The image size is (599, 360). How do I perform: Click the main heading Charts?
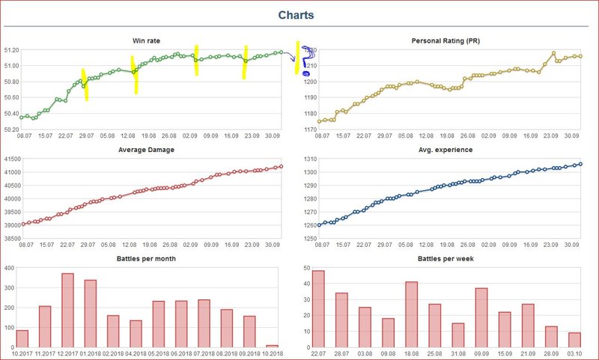pos(296,15)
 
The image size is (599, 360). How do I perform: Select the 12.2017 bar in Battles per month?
pos(67,310)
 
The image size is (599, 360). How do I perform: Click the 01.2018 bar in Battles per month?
pos(89,314)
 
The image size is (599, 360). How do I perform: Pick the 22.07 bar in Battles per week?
pos(319,308)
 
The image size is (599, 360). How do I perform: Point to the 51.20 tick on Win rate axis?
pos(11,50)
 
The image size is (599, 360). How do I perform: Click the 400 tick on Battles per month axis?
pos(13,267)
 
